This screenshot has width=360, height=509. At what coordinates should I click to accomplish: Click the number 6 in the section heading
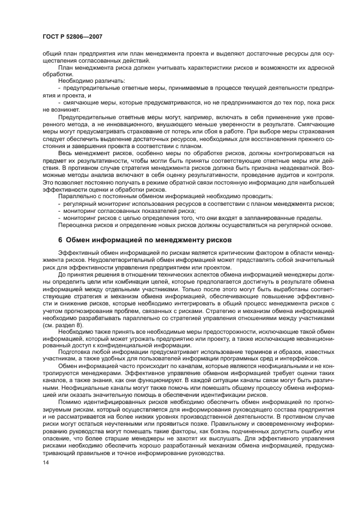(x=60, y=240)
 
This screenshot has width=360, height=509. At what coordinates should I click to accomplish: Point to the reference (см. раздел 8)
(x=62, y=324)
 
